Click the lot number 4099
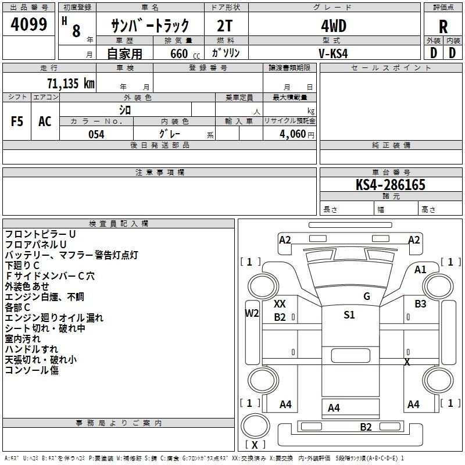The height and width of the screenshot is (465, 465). point(28,24)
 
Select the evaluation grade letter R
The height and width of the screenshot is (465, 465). point(443,27)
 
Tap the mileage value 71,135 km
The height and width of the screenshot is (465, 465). point(71,83)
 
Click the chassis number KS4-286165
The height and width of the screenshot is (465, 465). point(390,185)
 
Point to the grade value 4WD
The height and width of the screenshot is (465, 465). point(334,26)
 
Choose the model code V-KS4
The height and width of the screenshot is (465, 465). point(333,53)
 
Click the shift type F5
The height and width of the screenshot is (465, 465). point(17,121)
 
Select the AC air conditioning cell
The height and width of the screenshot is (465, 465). point(45,121)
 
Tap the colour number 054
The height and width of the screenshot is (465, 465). point(96,134)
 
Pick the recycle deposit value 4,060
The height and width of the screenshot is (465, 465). point(293,134)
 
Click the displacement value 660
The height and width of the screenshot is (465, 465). point(179,53)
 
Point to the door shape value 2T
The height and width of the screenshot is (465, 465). point(224,26)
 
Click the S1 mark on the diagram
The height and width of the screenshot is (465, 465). point(349,314)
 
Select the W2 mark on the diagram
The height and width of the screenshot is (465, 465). point(252,313)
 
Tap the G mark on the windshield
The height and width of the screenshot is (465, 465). point(367,296)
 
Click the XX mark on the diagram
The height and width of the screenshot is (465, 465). point(280,303)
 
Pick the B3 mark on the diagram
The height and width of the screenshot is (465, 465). point(420,303)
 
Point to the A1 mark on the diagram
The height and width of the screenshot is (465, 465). point(420,270)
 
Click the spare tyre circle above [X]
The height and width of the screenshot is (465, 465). point(255,426)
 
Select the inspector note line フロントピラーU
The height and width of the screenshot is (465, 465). point(40,234)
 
